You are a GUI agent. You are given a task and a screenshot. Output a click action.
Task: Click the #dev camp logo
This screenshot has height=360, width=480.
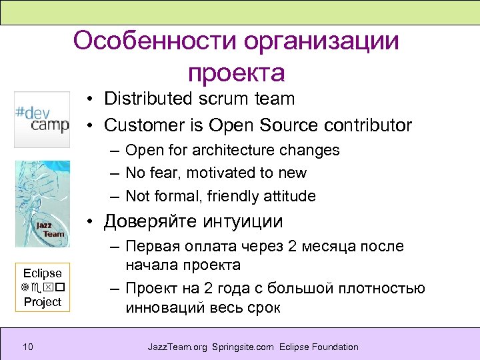42,119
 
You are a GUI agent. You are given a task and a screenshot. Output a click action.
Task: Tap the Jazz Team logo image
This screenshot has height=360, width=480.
42,203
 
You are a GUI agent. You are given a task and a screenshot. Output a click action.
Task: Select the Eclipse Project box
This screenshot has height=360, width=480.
42,287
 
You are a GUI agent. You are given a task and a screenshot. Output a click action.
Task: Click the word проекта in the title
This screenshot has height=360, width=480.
237,73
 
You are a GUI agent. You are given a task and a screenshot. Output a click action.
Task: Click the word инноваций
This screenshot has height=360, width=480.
163,307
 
